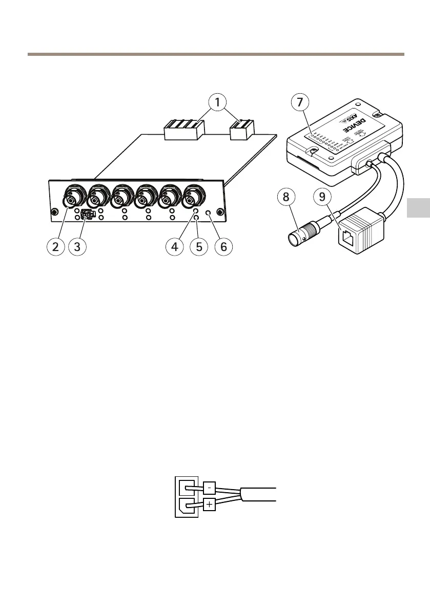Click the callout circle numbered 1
point(218,103)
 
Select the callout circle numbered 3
point(77,246)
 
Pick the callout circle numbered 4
point(175,246)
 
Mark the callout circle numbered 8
point(288,197)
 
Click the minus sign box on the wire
point(209,487)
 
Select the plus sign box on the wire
point(209,506)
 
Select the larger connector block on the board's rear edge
point(183,130)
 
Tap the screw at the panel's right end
point(219,212)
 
